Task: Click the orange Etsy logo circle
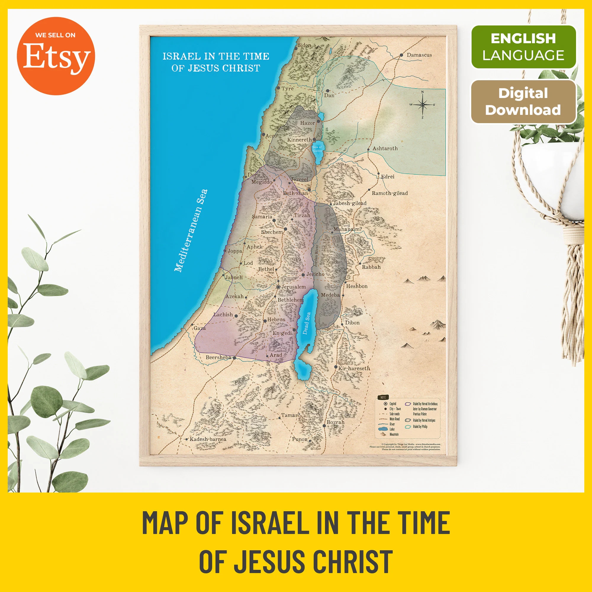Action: [56, 56]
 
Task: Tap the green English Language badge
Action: [523, 47]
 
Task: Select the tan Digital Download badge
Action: [523, 102]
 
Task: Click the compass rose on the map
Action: [423, 105]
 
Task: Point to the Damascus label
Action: [419, 55]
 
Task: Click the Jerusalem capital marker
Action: [278, 287]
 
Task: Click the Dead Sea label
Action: [307, 323]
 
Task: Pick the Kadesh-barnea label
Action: [208, 439]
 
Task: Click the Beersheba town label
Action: [218, 357]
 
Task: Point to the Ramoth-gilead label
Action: [390, 193]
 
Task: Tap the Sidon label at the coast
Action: [304, 45]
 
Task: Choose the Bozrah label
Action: [336, 422]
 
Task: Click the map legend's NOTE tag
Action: [383, 397]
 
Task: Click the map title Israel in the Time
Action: [216, 56]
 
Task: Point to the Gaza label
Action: [200, 328]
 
